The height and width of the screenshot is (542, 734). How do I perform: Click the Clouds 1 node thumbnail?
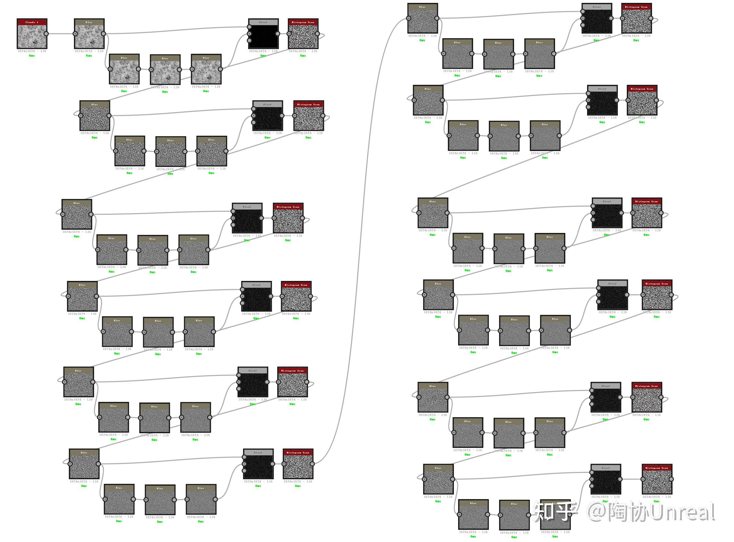tap(32, 37)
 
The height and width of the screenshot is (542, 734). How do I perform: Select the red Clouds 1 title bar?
tap(32, 22)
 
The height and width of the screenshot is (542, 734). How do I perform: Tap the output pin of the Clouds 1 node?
tap(46, 34)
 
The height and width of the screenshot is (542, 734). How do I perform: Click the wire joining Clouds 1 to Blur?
tap(61, 34)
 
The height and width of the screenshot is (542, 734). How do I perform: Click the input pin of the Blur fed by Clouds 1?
tap(75, 34)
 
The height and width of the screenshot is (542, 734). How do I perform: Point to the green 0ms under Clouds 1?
tap(32, 56)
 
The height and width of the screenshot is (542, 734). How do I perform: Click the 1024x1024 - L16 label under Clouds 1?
tap(32, 51)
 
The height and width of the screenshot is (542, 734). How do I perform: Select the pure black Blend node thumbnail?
tap(263, 37)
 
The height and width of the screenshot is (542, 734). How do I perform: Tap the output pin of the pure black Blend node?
tap(278, 34)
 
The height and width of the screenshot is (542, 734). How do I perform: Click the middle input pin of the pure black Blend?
tap(249, 34)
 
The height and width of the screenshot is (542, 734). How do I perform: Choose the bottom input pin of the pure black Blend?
tap(249, 41)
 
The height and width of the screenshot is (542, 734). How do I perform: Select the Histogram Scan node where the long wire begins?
tap(298, 466)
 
